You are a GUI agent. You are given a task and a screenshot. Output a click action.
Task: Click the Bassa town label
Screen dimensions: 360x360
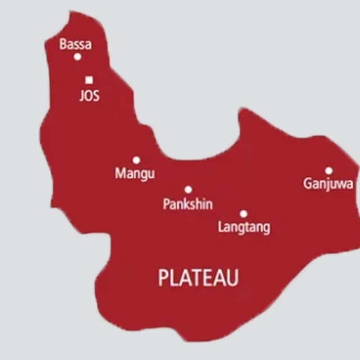(x=75, y=44)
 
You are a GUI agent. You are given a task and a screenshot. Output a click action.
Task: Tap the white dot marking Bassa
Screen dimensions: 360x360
(x=78, y=56)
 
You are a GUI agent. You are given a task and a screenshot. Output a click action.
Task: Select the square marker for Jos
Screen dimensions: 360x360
(x=89, y=80)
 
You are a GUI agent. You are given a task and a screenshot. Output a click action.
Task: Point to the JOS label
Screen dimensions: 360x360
(x=89, y=96)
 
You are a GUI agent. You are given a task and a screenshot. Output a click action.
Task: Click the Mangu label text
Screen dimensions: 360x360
(x=135, y=174)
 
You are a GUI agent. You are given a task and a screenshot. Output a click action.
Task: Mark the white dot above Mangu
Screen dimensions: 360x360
(x=136, y=160)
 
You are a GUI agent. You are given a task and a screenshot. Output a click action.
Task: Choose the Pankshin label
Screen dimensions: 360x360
(x=188, y=204)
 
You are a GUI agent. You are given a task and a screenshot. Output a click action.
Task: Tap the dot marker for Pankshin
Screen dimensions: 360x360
(x=188, y=190)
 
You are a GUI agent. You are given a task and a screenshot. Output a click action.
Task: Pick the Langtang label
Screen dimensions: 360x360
(x=244, y=227)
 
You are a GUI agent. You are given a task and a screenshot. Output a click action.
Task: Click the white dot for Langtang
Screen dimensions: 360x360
(x=244, y=214)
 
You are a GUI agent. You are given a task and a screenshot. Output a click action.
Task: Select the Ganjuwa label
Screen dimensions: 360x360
(x=328, y=184)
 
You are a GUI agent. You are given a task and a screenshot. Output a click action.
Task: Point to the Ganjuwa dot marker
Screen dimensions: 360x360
(x=328, y=170)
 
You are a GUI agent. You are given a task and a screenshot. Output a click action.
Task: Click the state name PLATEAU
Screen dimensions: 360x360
(x=199, y=278)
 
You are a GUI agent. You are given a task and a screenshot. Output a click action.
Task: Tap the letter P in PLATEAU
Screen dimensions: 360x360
(x=163, y=278)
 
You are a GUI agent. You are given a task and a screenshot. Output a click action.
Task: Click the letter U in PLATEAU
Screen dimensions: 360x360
(x=232, y=278)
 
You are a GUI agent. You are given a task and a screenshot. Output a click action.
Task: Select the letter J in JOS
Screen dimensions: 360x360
(x=81, y=96)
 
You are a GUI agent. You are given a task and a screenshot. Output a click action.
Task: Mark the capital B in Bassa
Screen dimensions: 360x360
(x=63, y=44)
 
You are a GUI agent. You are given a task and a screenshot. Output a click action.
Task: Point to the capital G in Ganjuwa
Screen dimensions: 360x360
(x=308, y=183)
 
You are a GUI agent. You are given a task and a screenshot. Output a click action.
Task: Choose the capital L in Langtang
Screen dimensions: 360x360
(x=220, y=227)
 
